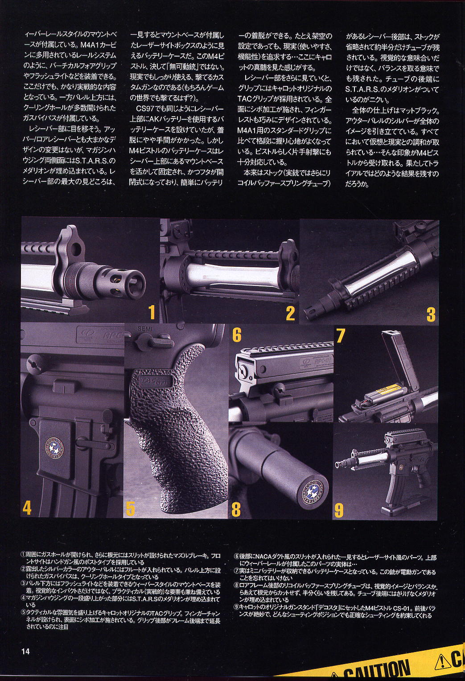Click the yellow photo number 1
click(x=152, y=313)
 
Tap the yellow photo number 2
click(x=290, y=313)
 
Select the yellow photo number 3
click(x=431, y=314)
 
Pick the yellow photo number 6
click(x=237, y=334)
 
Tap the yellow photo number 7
click(x=340, y=335)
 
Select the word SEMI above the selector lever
click(x=144, y=329)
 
